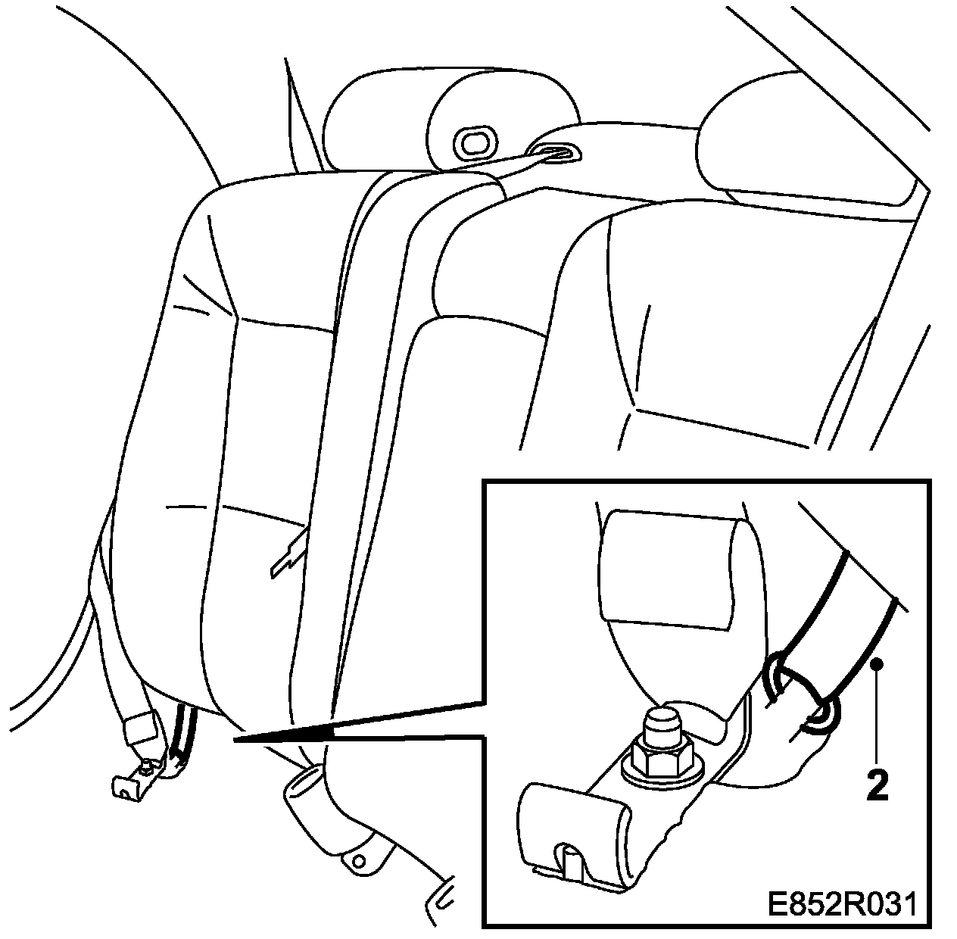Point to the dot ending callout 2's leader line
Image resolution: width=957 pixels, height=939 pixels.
click(x=877, y=664)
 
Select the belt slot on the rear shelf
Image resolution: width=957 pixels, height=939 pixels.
click(x=554, y=153)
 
